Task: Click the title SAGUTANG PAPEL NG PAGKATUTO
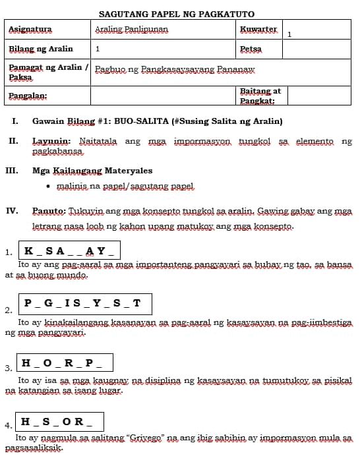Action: click(176, 14)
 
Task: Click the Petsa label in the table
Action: click(251, 49)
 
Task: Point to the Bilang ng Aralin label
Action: click(40, 49)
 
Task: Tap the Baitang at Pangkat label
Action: click(260, 96)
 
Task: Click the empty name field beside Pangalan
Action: click(163, 96)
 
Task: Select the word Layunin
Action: click(51, 141)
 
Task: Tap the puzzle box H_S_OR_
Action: click(60, 421)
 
